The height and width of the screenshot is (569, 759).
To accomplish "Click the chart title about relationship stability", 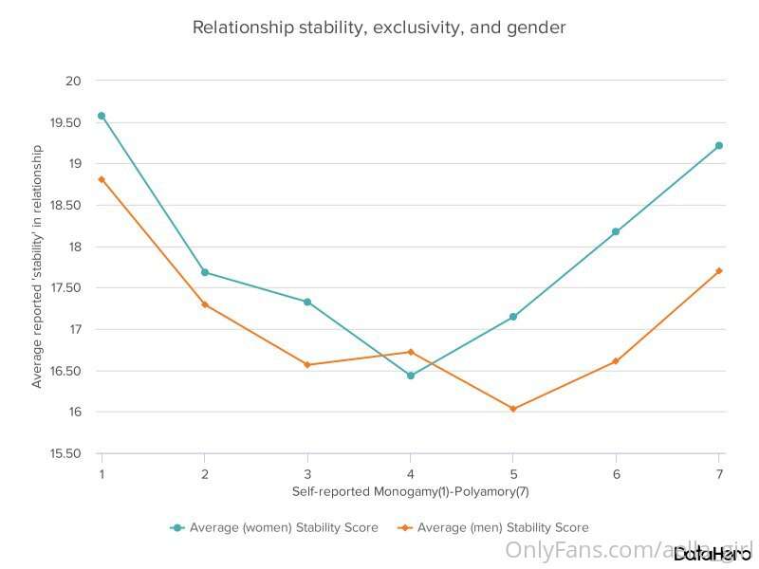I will click(x=379, y=28).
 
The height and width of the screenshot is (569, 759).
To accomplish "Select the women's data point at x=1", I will click(x=102, y=116).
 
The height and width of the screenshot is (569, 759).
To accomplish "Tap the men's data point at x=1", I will click(x=102, y=179).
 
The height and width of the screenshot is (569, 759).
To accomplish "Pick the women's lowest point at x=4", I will click(x=411, y=376).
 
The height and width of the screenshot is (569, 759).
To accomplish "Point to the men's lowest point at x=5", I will click(x=513, y=409).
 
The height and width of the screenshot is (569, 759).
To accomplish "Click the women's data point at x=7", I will click(x=719, y=145).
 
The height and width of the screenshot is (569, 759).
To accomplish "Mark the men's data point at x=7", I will click(x=719, y=271).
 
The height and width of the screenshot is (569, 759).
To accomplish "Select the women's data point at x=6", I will click(x=616, y=231).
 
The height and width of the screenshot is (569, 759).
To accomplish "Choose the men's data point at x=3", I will click(x=307, y=365).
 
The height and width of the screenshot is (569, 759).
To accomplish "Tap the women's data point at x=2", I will click(x=205, y=272).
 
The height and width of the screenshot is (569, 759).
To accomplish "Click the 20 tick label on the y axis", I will click(x=73, y=81).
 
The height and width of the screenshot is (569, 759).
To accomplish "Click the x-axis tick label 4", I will click(x=411, y=473).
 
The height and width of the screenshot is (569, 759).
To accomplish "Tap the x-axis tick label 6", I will click(x=616, y=473).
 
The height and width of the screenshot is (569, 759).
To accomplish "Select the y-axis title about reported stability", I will click(x=38, y=266).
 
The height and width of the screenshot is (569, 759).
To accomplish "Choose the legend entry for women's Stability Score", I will click(x=274, y=527).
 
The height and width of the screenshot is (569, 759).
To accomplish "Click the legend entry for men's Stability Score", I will click(x=494, y=527).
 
